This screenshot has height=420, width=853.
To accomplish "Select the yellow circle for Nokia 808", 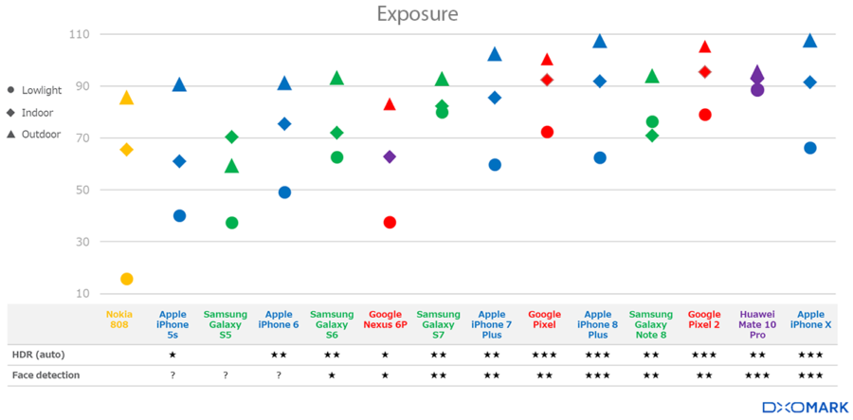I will [127, 279].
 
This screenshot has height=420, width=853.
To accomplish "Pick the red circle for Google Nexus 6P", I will [390, 223].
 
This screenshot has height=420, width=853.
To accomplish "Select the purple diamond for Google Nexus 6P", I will [390, 156].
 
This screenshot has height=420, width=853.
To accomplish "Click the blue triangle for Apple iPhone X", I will [809, 41].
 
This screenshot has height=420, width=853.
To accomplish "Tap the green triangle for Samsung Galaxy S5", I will [231, 167].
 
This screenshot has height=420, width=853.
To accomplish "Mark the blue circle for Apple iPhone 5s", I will [179, 216].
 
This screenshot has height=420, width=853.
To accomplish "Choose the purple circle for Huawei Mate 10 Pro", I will [757, 90].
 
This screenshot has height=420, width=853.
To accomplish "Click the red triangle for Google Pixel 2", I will [704, 47].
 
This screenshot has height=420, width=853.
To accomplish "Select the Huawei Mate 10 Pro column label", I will [757, 323].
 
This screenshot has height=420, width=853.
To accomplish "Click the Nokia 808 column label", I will [119, 320].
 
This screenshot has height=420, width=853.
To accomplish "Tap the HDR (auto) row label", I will [40, 355].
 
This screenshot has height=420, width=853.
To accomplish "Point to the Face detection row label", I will [45, 375].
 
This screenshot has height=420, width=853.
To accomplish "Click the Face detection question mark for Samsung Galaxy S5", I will [226, 376].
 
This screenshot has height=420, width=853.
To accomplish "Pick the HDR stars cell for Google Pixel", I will [544, 355].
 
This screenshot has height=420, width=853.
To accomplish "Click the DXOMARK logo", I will [799, 407].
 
